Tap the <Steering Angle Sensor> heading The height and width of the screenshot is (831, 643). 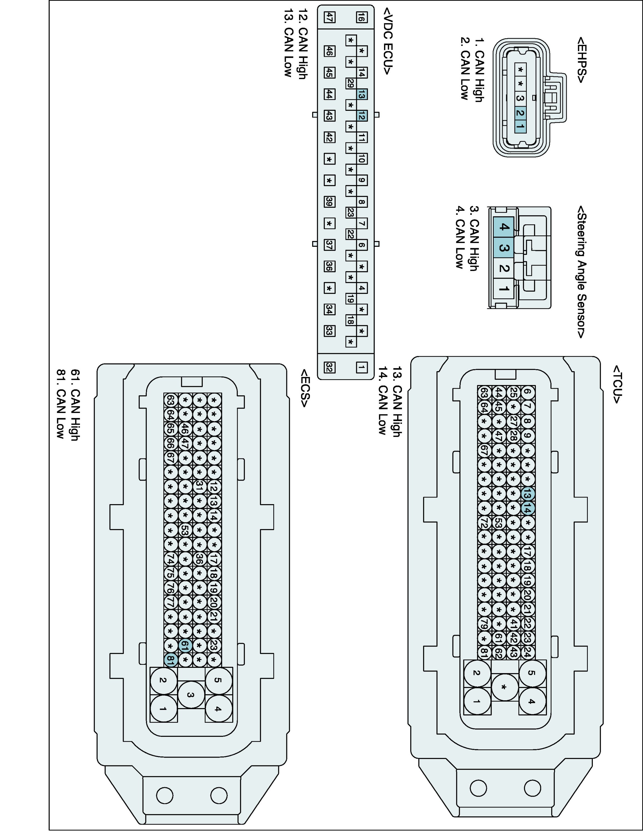click(x=581, y=272)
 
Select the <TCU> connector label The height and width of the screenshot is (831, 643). click(x=617, y=385)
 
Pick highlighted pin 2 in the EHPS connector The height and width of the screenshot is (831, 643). click(x=520, y=113)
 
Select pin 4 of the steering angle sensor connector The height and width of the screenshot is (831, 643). click(x=503, y=227)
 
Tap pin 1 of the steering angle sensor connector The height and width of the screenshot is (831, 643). click(x=503, y=289)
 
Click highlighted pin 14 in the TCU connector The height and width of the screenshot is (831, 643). click(x=528, y=509)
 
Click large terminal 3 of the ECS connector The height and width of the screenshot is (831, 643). click(x=191, y=695)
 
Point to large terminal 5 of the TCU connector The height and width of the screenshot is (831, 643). click(x=532, y=672)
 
